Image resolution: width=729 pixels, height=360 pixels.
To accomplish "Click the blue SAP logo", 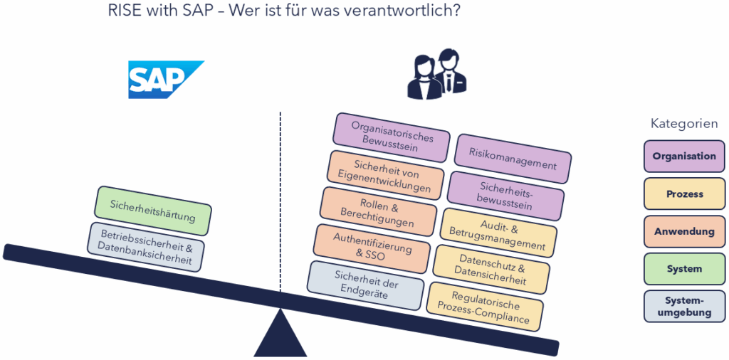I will coord(164,79).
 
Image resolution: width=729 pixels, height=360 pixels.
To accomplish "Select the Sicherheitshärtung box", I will coord(153,211).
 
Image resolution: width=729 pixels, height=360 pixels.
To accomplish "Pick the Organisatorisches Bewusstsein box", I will coord(391,137).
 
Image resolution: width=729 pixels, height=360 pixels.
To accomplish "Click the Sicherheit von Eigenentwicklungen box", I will coord(387,175).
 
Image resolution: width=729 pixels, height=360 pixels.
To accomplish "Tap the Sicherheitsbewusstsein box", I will coord(505,196).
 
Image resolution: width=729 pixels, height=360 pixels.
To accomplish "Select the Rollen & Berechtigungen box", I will coord(377,212).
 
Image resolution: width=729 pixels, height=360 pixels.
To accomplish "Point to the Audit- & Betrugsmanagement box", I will coord(498,233).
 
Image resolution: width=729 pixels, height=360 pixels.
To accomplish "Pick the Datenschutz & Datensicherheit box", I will coord(491,269).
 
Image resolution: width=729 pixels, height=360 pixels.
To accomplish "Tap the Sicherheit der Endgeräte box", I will coord(366,285).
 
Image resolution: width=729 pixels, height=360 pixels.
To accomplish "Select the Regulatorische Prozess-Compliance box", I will coord(485,305).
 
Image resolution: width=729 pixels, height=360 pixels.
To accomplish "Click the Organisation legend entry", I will coord(684,157).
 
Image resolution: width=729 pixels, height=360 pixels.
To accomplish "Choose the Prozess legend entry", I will coord(684,194).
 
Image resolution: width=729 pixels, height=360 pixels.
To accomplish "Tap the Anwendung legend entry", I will coord(684,232).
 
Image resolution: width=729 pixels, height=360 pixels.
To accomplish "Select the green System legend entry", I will coord(684,270).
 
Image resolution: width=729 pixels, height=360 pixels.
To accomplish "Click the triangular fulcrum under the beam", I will coord(280,336).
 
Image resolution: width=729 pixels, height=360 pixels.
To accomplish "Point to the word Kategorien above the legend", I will coord(684,124).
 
